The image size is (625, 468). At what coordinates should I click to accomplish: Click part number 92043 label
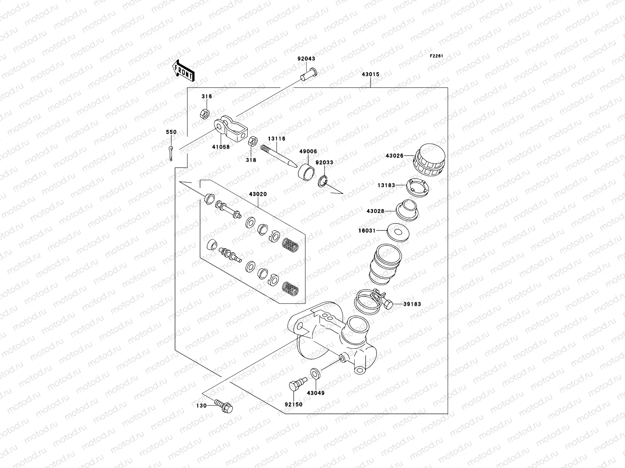coord(306,59)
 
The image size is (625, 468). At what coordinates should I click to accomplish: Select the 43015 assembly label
coord(370,74)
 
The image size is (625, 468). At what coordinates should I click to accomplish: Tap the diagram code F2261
coord(436,56)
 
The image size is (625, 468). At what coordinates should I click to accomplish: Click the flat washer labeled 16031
coord(398,232)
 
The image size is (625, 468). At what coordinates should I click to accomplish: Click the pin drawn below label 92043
coord(309,73)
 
